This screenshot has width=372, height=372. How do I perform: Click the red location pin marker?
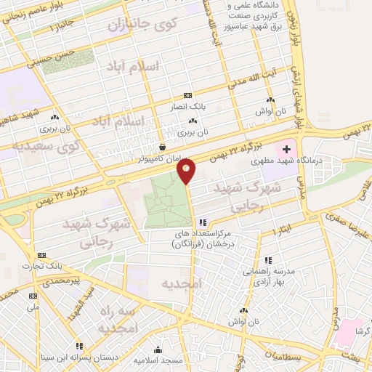point(187,171)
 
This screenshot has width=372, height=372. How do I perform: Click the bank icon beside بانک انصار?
point(187,95)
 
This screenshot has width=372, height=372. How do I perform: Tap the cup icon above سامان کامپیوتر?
point(161,145)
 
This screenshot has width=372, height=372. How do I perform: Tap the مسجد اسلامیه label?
point(158,360)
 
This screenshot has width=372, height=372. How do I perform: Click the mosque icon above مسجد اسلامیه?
point(158,349)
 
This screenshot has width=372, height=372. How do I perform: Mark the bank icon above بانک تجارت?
point(41,255)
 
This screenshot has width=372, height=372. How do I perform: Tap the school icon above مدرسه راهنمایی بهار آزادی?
point(268,260)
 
